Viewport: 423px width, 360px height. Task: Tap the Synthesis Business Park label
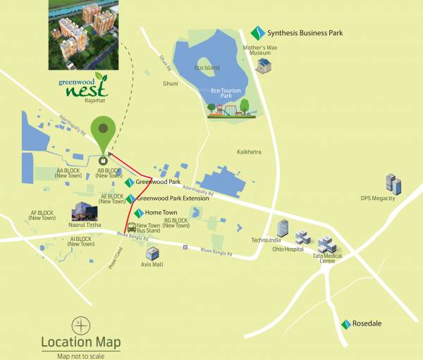click(300, 32)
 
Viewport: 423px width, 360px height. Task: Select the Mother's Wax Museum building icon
click(263, 66)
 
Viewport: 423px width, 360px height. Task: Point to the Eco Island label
click(207, 68)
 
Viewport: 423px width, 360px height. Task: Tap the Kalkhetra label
click(249, 151)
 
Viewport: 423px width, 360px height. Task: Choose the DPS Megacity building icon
click(393, 185)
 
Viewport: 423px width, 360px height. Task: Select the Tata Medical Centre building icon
click(327, 244)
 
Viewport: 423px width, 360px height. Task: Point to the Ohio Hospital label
click(289, 249)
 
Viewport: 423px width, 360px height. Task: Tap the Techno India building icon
click(283, 228)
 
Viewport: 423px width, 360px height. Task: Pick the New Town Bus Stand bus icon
click(131, 226)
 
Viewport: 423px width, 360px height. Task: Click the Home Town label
click(161, 212)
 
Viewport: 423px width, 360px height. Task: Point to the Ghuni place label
click(171, 83)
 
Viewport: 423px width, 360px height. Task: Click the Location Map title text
click(80, 342)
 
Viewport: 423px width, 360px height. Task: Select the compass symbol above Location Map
click(80, 325)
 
